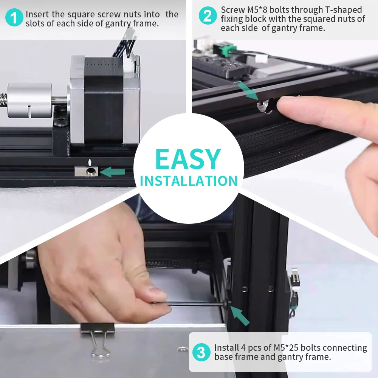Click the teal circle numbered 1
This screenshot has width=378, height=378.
[x=14, y=17]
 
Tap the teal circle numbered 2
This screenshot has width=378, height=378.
[x=208, y=15]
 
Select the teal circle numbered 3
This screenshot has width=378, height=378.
[x=201, y=352]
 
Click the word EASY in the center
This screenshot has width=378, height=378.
[x=188, y=159]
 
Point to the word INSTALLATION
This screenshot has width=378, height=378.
[x=189, y=181]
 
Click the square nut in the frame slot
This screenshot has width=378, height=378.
[x=86, y=171]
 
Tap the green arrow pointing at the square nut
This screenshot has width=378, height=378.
[x=112, y=172]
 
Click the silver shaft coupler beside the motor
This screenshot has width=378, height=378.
[x=29, y=100]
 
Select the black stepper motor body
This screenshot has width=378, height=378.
[x=104, y=101]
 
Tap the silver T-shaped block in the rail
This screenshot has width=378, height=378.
[x=264, y=107]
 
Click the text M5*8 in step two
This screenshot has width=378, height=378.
[x=257, y=10]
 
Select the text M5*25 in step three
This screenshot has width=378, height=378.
[x=286, y=348]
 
